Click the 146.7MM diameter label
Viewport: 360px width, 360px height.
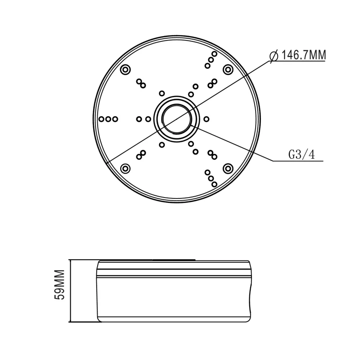(x=303, y=55)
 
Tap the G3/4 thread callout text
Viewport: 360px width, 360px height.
(x=301, y=154)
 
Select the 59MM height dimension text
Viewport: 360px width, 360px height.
(x=60, y=285)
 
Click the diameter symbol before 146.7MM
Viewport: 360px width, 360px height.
(x=274, y=56)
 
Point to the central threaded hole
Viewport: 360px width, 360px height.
(x=176, y=119)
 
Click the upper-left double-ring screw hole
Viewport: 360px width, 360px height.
(x=126, y=70)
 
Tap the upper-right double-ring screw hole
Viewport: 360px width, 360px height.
(x=228, y=70)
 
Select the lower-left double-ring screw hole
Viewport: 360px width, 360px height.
(x=126, y=169)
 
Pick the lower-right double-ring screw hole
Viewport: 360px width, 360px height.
(x=228, y=169)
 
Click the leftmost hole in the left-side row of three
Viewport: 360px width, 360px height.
(x=102, y=119)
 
